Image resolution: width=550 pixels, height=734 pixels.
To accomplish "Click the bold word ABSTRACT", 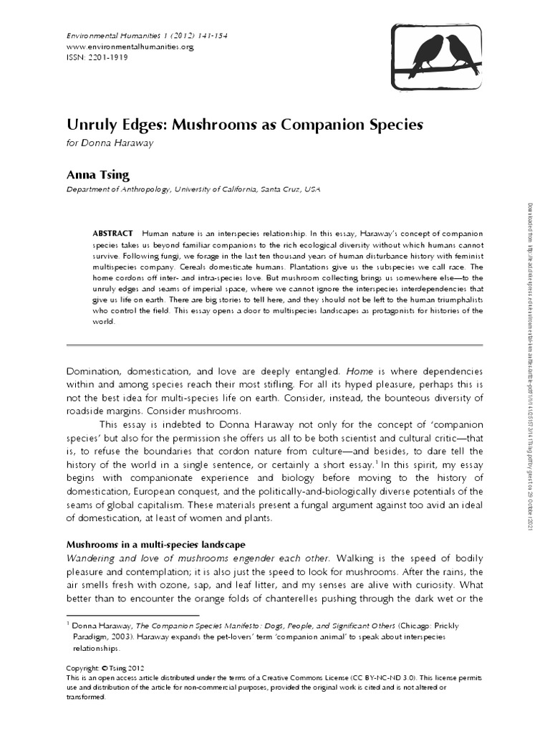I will coord(112,234).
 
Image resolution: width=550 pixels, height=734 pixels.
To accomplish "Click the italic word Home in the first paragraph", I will coord(361,371).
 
